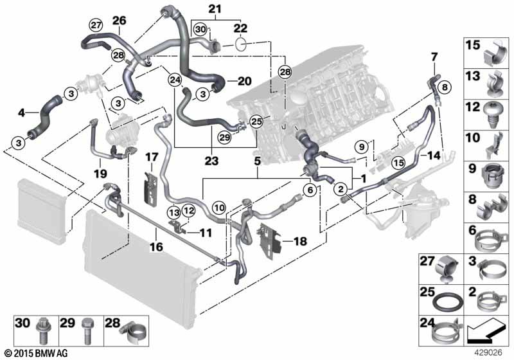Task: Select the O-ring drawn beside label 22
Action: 240,44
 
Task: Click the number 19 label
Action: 99,173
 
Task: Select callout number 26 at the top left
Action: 120,21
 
